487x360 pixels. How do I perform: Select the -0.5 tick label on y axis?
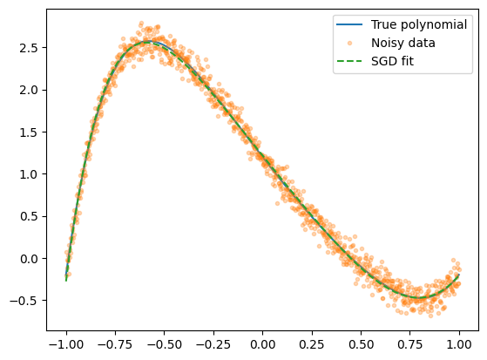point(24,301)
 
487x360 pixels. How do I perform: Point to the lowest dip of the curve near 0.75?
point(420,298)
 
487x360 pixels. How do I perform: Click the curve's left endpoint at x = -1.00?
point(66,280)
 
